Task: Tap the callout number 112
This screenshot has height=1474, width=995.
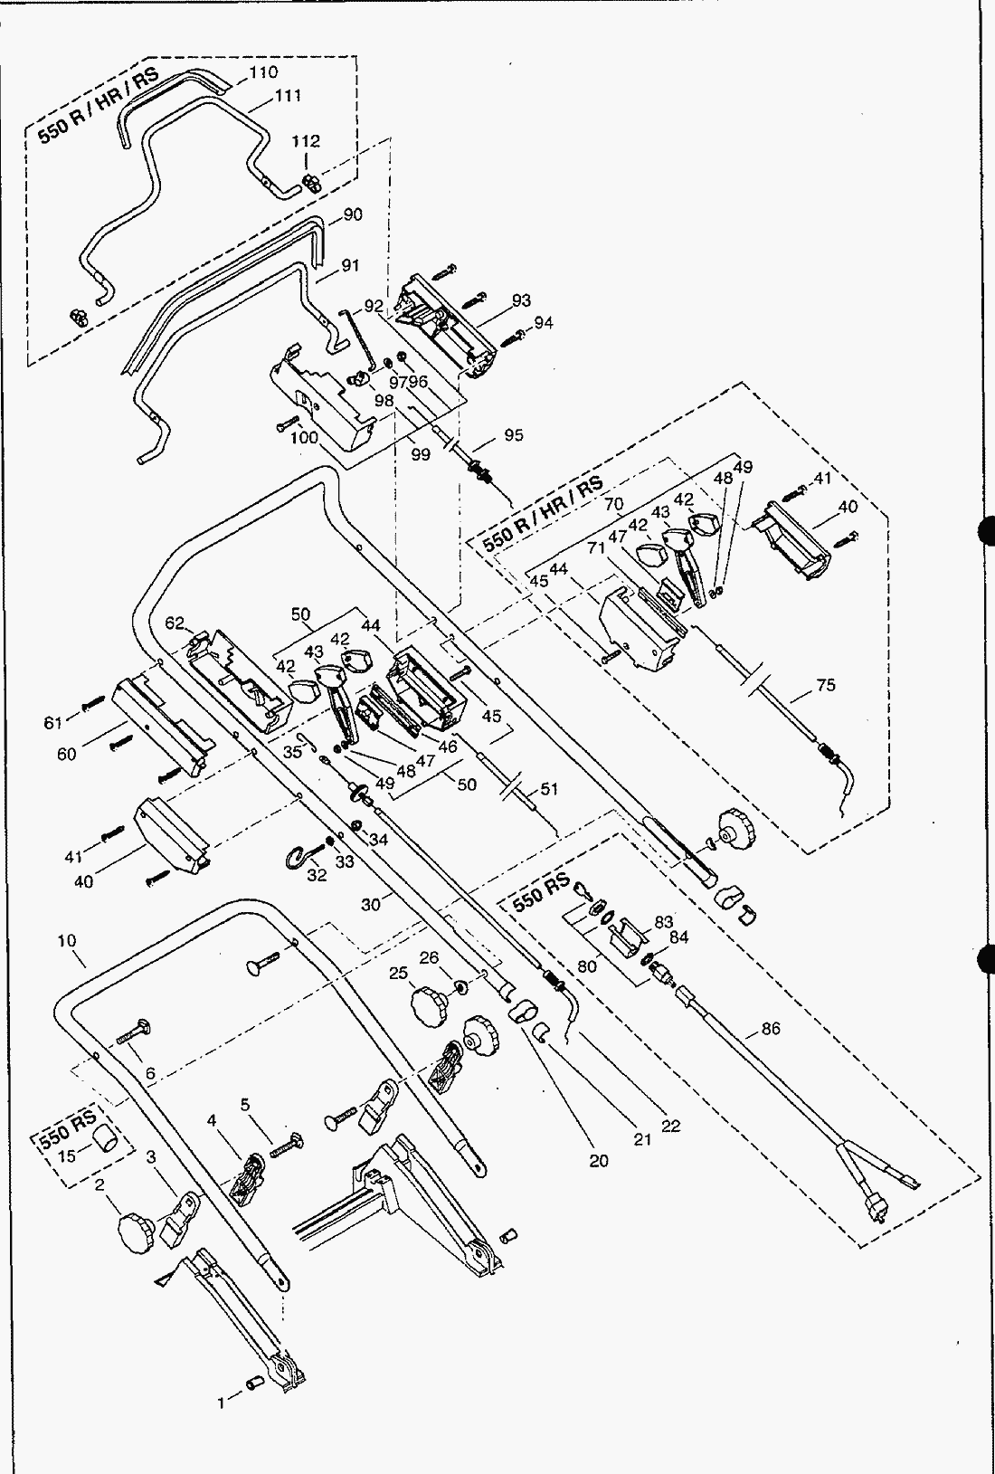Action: point(306,141)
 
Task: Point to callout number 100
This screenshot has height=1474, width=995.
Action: point(304,437)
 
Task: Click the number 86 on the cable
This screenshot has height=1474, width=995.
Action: point(771,1028)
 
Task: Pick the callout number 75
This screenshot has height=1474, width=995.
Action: point(825,685)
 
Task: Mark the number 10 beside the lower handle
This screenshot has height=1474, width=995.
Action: point(67,941)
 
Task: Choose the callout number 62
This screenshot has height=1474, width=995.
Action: point(175,623)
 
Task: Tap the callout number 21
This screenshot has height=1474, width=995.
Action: point(642,1140)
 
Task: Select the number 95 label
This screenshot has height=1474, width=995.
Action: point(514,434)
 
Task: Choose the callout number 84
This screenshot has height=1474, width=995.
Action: point(678,938)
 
